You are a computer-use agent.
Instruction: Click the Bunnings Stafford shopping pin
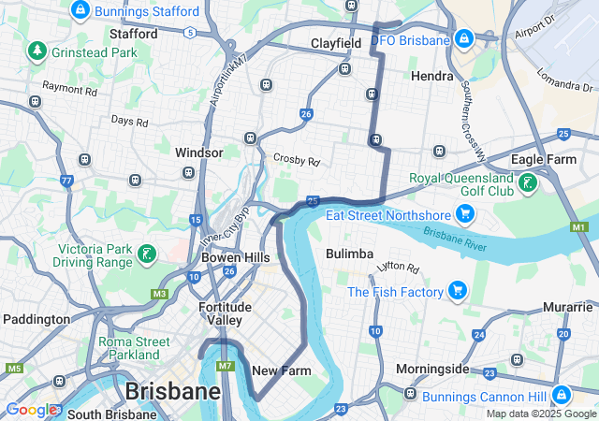point(80,11)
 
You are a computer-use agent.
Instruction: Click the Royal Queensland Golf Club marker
point(529,183)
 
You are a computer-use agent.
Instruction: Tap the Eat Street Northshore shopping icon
point(465,215)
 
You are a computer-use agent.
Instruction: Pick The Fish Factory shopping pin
point(458,291)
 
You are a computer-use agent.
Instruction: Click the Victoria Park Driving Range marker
point(146,254)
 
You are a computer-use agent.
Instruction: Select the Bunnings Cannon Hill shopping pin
point(561,395)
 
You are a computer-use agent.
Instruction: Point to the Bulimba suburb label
point(350,254)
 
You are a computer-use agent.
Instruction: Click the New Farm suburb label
point(282,370)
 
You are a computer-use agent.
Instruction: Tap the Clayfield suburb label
point(336,43)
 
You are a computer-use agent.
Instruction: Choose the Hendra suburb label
point(432,75)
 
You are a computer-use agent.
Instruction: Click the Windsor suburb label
point(198,152)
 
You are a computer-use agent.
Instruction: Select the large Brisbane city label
point(173,390)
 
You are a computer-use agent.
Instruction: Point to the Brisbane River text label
point(455,240)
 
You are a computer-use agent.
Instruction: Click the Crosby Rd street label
point(297,160)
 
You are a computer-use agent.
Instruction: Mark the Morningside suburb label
point(431,368)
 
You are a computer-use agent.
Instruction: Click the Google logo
point(32,410)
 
